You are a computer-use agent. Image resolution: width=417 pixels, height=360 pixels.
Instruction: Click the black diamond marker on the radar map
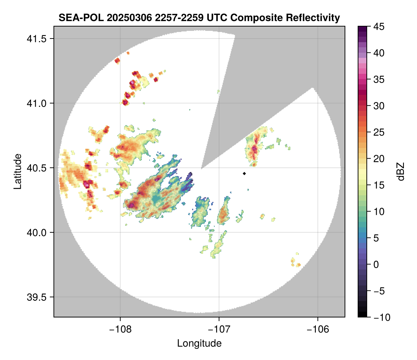click(x=244, y=173)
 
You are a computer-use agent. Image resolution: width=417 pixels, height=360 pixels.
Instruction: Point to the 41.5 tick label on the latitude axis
click(x=37, y=39)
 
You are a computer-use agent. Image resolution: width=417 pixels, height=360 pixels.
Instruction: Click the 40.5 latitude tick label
click(x=37, y=168)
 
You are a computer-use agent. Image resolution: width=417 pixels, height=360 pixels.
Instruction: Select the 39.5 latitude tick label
click(x=37, y=297)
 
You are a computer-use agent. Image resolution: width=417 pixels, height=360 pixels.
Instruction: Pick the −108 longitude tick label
click(x=120, y=329)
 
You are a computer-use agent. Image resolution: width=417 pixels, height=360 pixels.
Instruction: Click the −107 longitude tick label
click(x=219, y=329)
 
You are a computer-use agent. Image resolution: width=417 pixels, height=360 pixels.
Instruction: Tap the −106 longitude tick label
click(x=318, y=329)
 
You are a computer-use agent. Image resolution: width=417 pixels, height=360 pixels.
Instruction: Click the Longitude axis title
click(x=199, y=343)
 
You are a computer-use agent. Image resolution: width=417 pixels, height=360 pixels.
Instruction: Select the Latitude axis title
click(x=18, y=171)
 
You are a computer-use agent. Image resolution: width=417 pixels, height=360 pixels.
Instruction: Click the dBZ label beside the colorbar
click(x=401, y=172)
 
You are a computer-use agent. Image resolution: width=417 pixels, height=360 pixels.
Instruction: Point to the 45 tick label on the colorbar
click(x=379, y=27)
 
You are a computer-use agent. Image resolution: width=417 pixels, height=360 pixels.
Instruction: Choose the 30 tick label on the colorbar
click(x=379, y=106)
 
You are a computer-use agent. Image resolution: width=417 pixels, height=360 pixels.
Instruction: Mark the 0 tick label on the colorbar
click(x=376, y=264)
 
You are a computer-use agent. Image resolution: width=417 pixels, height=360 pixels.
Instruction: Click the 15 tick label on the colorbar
click(x=379, y=185)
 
